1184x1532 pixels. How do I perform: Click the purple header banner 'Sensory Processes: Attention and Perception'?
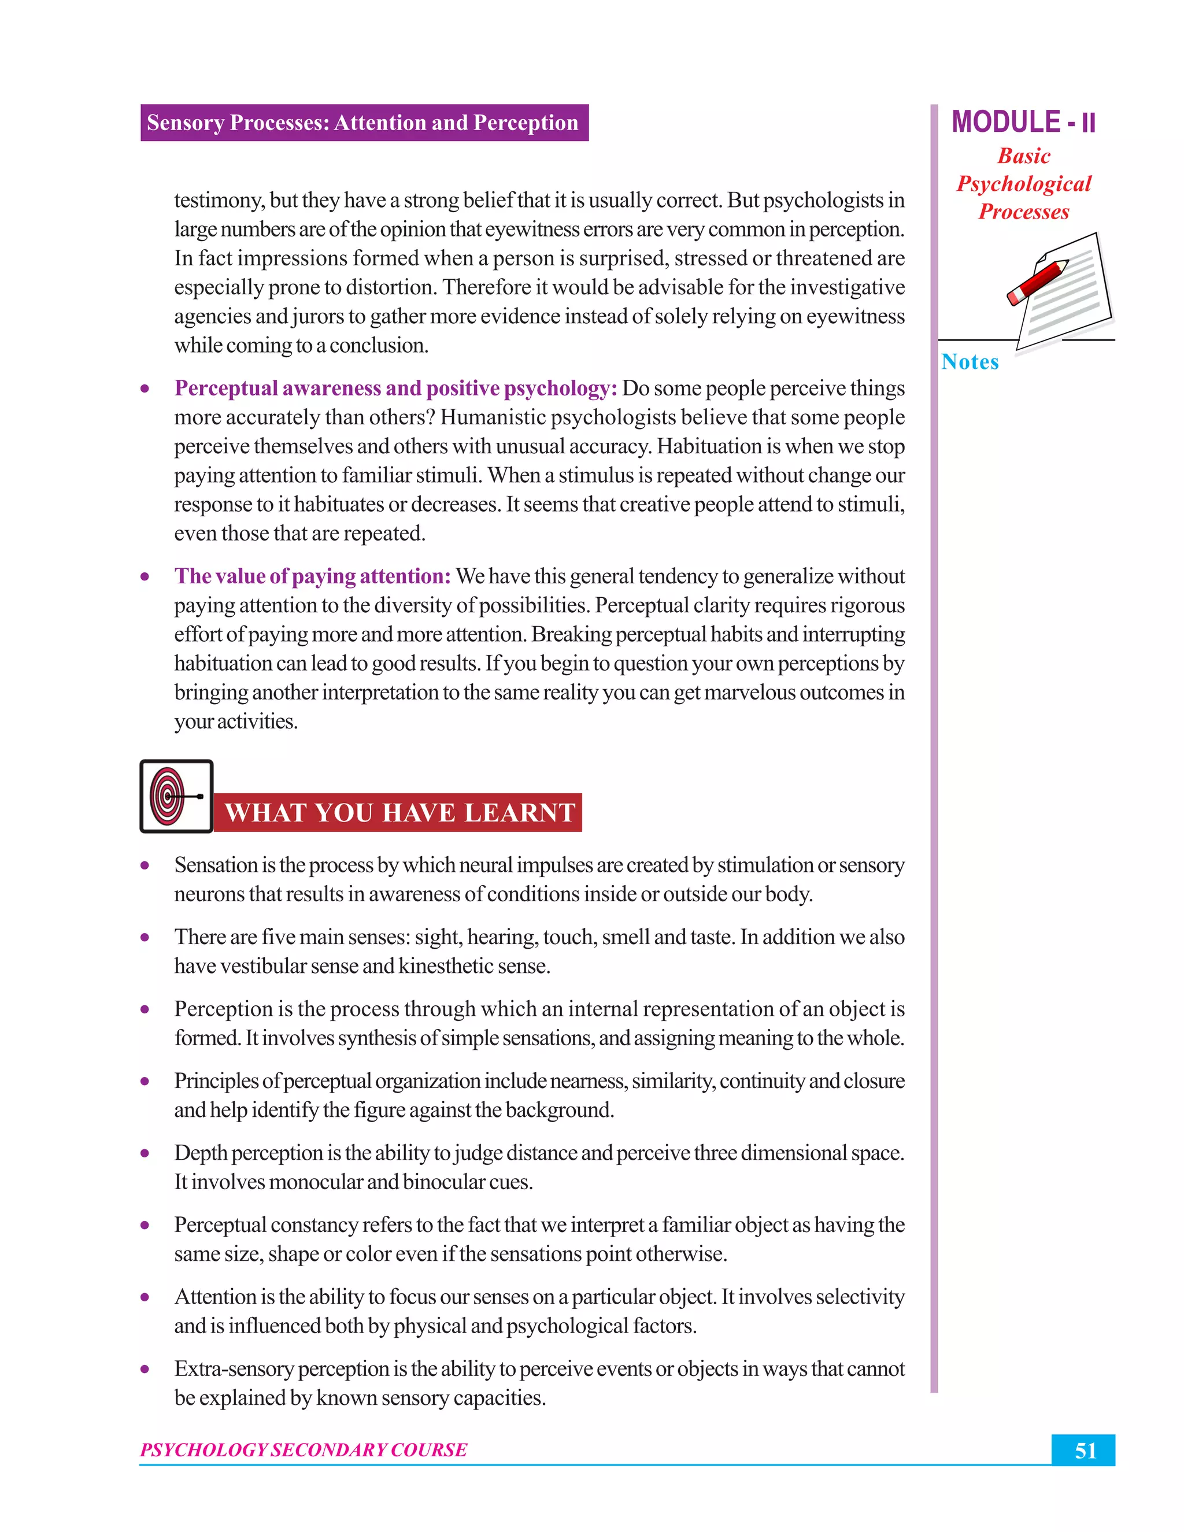363,123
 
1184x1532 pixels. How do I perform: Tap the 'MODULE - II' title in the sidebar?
1023,122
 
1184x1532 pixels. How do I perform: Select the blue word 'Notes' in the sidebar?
970,362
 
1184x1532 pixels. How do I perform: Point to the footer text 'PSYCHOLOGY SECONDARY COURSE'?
303,1450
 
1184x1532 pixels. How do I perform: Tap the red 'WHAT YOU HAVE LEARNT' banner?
398,812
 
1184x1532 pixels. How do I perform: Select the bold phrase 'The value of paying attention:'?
312,576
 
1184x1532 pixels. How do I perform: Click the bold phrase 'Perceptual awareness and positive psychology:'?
395,388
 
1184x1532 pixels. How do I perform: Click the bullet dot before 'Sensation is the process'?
145,865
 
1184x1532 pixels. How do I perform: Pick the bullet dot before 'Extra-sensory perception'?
145,1369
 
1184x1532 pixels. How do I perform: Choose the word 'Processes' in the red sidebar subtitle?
1023,212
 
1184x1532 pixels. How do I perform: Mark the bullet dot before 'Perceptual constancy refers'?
145,1226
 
